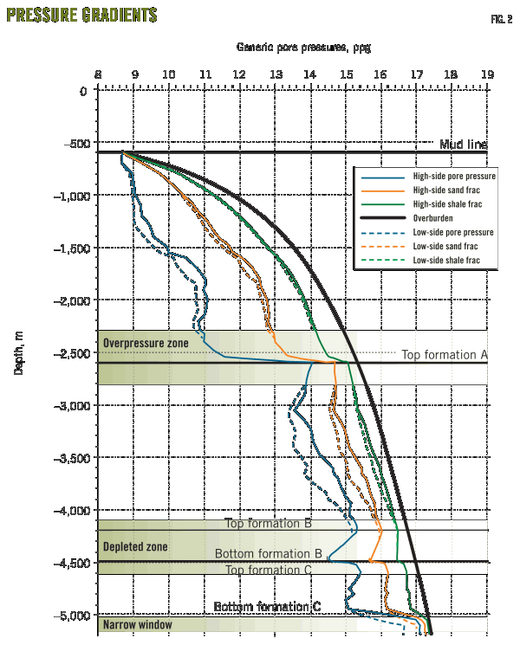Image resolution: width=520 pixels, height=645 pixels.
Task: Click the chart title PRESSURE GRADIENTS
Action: (82, 16)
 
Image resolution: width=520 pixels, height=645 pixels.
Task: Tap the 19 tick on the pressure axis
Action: (488, 75)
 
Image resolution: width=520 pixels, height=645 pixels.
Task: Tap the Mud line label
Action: (464, 145)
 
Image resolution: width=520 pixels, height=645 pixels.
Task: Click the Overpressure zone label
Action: (146, 344)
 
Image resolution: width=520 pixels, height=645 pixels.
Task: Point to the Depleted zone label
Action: (135, 547)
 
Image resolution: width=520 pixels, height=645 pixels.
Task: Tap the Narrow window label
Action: (137, 624)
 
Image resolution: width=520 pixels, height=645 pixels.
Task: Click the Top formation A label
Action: (444, 355)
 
